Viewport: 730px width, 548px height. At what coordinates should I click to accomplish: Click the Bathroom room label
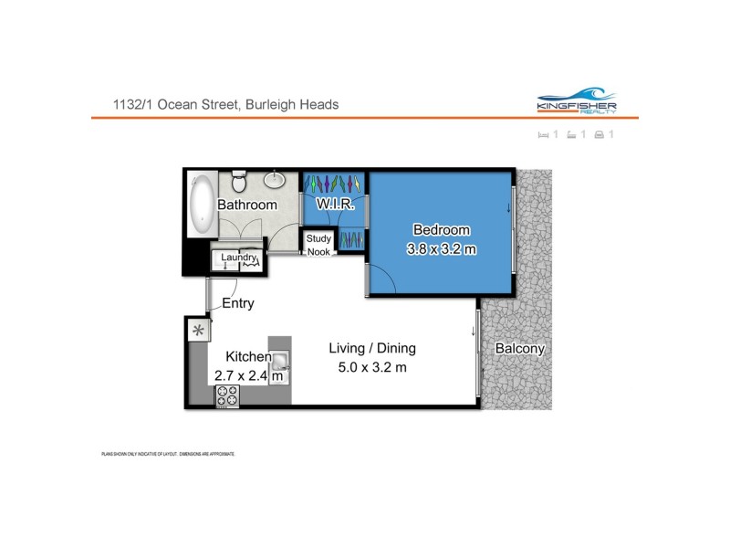(x=246, y=205)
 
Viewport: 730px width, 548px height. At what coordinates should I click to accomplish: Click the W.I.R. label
(x=335, y=205)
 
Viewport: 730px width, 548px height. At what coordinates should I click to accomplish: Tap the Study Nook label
(x=318, y=245)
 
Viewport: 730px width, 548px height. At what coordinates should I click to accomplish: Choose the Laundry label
(x=238, y=258)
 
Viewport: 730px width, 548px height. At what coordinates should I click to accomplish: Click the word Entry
(x=238, y=303)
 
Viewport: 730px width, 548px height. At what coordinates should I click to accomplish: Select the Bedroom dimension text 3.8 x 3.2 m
(x=441, y=248)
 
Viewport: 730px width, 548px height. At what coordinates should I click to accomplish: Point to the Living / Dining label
(x=371, y=348)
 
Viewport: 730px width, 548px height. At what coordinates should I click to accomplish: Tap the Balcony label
(x=519, y=348)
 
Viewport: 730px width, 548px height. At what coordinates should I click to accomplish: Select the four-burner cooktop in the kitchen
(x=227, y=396)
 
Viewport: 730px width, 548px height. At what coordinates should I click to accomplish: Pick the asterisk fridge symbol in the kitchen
(x=197, y=331)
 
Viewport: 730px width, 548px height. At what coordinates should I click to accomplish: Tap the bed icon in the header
(x=544, y=135)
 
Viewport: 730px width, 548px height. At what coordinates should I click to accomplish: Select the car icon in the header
(x=599, y=135)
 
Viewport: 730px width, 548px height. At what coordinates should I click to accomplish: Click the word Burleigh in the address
(x=276, y=104)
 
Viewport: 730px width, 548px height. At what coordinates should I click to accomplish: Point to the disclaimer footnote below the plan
(x=168, y=454)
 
